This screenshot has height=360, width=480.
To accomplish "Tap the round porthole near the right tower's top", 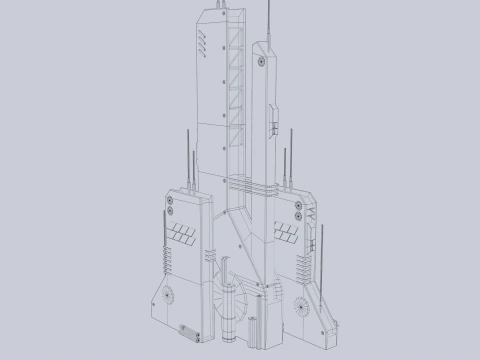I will coord(262,61).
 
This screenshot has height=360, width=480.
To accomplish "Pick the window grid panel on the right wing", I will coord(286,236).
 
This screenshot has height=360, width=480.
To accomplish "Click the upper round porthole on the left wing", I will coord(170,201).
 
